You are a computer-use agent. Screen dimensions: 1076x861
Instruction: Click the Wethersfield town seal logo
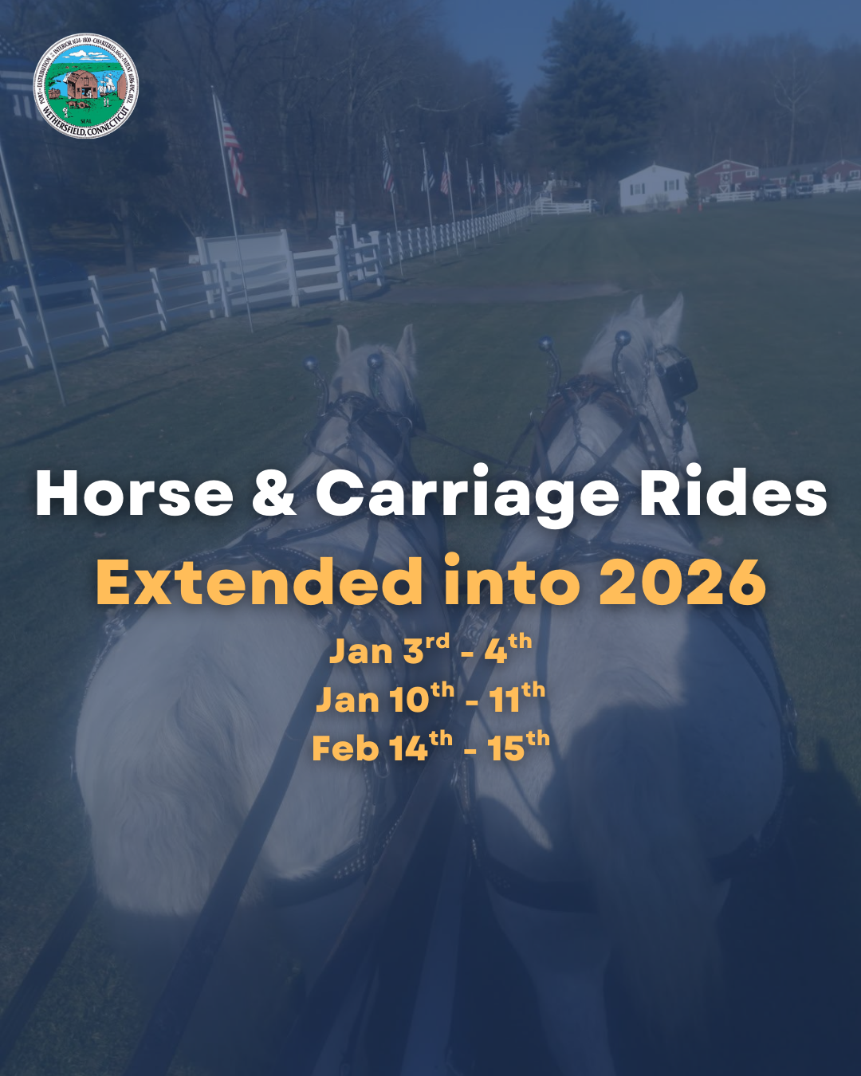click(x=86, y=86)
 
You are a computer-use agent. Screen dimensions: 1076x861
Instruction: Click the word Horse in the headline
click(x=134, y=494)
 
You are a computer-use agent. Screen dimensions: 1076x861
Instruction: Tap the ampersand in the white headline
click(x=274, y=494)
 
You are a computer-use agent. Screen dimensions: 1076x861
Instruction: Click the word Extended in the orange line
click(x=260, y=582)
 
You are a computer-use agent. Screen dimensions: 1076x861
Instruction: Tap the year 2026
click(x=682, y=582)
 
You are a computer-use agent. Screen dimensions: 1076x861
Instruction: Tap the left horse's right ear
click(x=406, y=343)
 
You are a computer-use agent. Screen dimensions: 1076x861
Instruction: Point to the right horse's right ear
click(x=671, y=314)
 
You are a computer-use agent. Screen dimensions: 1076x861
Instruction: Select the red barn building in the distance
click(x=725, y=175)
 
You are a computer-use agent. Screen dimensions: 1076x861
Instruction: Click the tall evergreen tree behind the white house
click(x=594, y=96)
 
